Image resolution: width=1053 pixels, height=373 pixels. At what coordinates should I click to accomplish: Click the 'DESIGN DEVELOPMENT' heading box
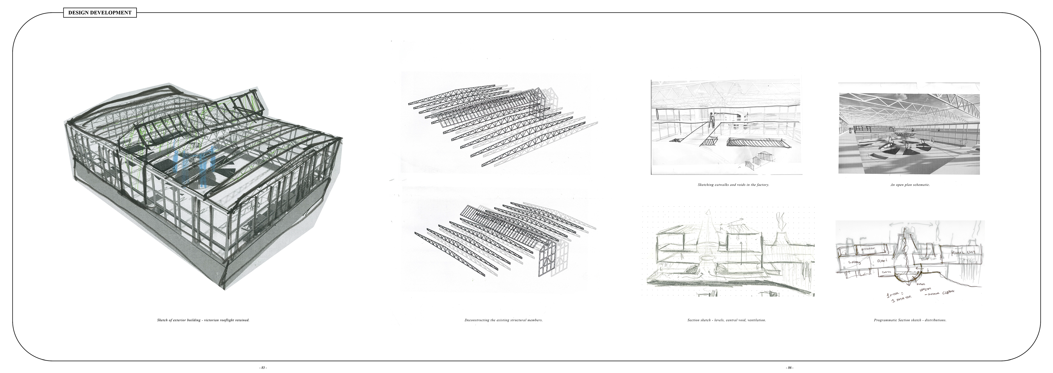click(x=100, y=13)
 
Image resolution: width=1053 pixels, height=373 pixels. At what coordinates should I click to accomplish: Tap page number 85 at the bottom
click(x=263, y=368)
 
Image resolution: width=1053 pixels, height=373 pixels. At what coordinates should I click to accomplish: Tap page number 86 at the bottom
click(x=790, y=368)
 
